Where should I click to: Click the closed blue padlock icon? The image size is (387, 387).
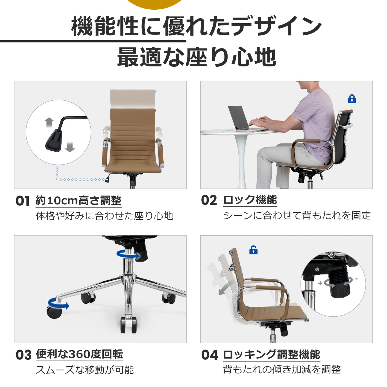pos(352,99)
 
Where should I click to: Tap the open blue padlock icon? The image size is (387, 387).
pos(253,250)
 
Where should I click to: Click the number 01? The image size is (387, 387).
pos(23,201)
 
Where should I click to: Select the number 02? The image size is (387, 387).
pos(209,200)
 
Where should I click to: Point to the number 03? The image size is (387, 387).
pos(24,355)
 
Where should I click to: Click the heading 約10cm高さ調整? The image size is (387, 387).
pos(78,200)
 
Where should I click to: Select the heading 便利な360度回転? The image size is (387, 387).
pos(80,354)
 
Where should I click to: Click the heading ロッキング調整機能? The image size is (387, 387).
pos(272,354)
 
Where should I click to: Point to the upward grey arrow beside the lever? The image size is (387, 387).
pos(49,122)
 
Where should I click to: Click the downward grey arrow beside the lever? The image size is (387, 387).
pos(70,147)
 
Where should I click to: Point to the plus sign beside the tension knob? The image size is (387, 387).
pos(320,283)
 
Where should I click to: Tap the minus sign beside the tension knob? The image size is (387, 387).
pos(356,279)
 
